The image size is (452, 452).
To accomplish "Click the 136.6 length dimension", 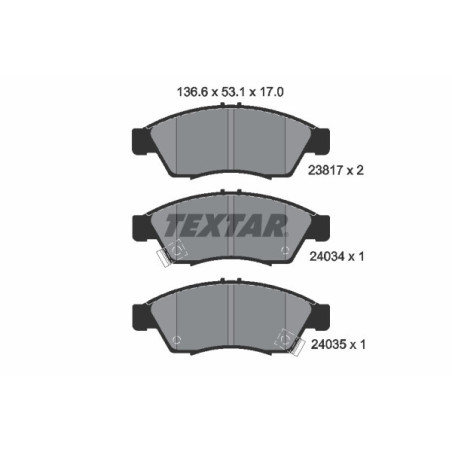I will [x=180, y=89].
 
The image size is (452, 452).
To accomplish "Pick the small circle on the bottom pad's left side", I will [x=176, y=339].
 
